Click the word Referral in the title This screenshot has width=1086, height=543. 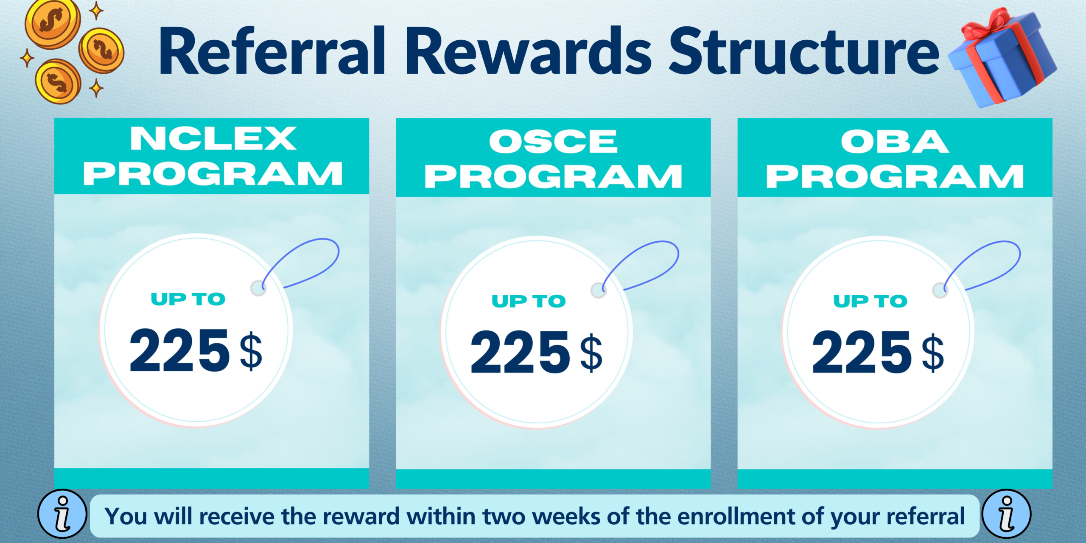[x=271, y=52]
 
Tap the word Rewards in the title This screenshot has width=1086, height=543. [x=529, y=52]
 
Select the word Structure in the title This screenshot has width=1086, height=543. [x=804, y=52]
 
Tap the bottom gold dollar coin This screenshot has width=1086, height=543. [x=58, y=81]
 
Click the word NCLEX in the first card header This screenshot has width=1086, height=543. [x=213, y=139]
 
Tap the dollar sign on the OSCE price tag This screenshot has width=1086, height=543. [x=591, y=353]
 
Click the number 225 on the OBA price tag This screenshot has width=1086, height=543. [x=861, y=353]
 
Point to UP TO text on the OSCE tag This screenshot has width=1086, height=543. [x=529, y=301]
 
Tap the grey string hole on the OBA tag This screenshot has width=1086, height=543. [x=940, y=291]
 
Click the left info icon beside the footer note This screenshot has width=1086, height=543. [x=62, y=514]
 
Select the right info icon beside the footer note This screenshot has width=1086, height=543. [x=1006, y=514]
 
